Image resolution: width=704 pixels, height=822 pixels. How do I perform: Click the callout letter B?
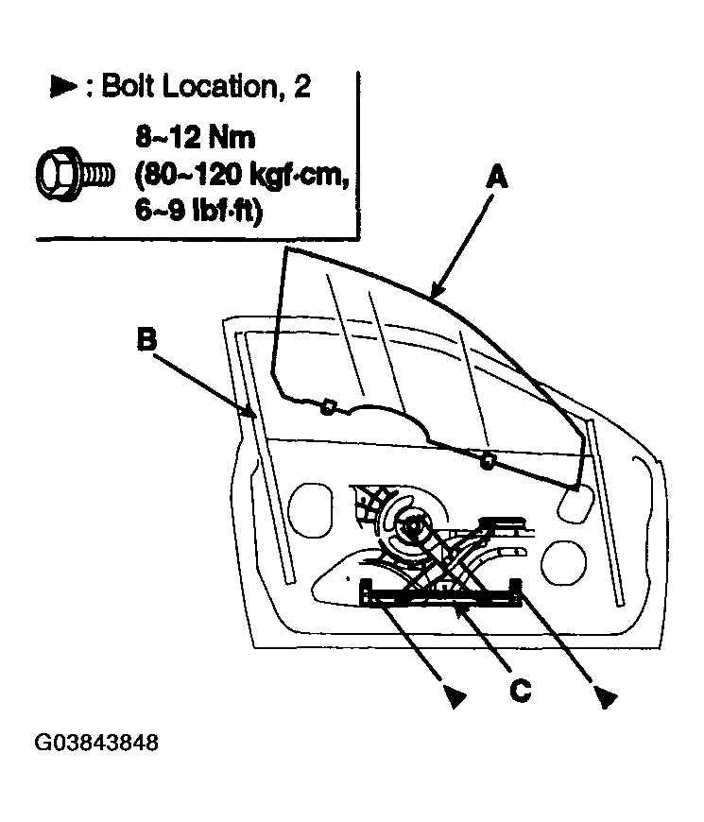[146, 338]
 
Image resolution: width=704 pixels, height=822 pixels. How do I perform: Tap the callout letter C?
[520, 691]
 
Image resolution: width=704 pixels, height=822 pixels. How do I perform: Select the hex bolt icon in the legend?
[75, 173]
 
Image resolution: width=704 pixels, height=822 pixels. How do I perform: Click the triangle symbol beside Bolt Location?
[63, 86]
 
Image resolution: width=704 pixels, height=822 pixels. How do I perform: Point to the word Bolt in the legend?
[129, 86]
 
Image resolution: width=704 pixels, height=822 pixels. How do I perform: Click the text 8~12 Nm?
[195, 138]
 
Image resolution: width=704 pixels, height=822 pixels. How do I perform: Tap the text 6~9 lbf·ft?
[197, 211]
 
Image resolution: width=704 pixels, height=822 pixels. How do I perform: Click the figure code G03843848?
[96, 743]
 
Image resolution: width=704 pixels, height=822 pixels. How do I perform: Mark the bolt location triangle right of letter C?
[606, 697]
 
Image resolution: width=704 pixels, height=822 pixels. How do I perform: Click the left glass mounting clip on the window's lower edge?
[328, 407]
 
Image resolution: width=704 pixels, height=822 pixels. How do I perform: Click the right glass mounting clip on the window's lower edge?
[488, 460]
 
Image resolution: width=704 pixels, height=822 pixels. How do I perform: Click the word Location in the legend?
[219, 86]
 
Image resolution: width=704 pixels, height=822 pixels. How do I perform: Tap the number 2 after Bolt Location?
[301, 86]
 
